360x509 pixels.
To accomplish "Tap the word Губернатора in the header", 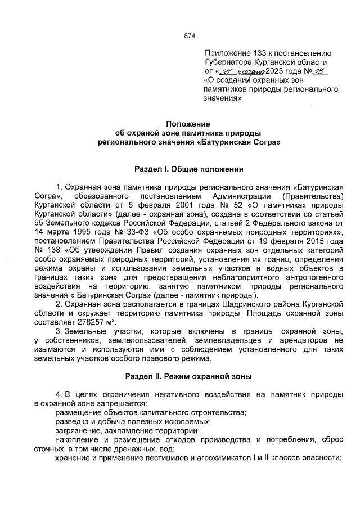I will click(x=229, y=62).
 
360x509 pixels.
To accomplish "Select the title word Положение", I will click(x=188, y=124).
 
